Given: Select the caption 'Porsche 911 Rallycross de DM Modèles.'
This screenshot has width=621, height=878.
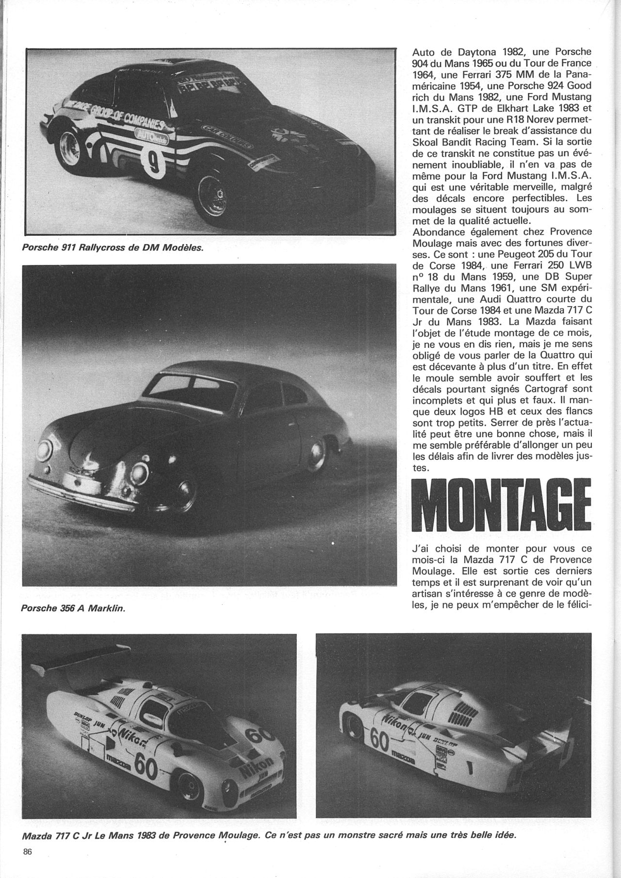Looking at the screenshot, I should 112,248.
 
